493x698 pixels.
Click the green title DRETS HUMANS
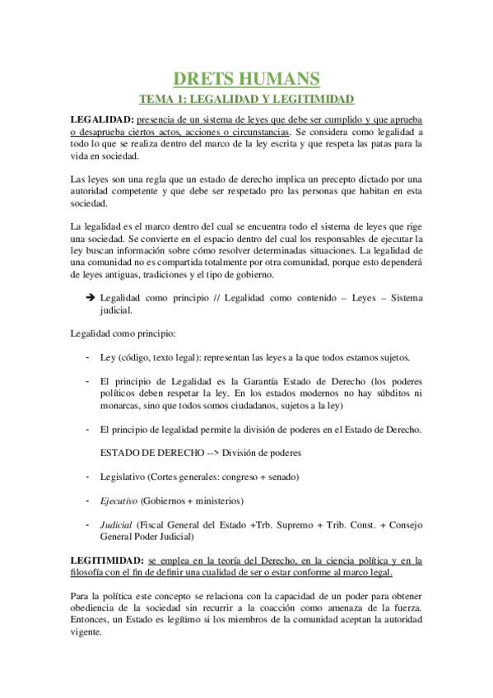coord(246,79)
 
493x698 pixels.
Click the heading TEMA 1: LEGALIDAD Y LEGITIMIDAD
coord(246,100)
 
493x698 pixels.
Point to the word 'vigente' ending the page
coord(85,633)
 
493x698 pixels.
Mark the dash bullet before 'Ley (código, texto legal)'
coord(88,357)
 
